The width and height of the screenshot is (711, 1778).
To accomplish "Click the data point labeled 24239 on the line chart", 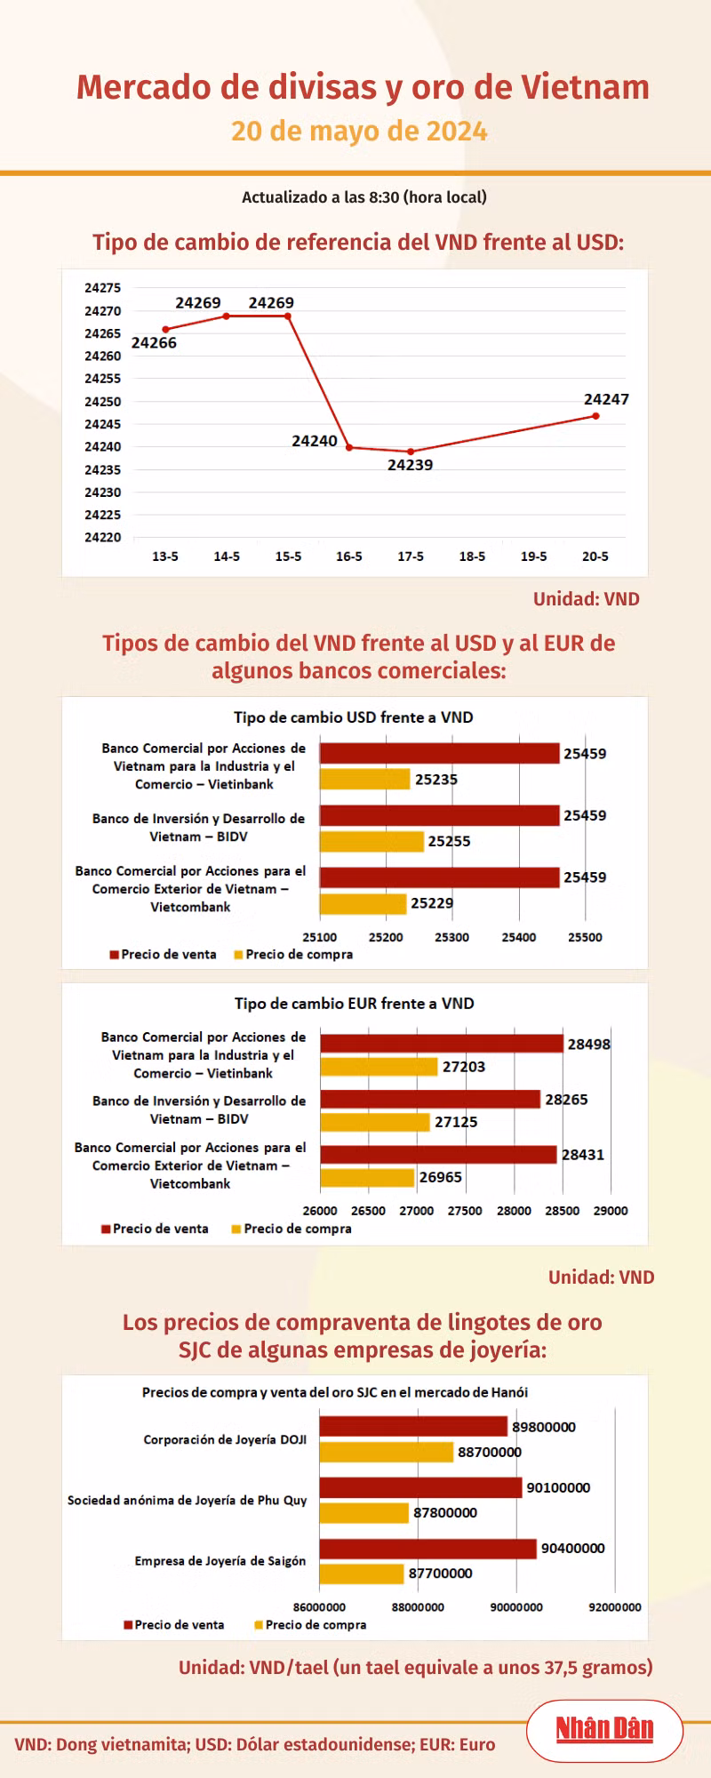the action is point(411,452).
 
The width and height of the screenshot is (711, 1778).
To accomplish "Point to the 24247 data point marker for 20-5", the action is point(595,416).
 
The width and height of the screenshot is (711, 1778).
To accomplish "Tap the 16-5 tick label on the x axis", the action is point(349,557).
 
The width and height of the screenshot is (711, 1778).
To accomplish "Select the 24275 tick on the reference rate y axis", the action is point(103,288).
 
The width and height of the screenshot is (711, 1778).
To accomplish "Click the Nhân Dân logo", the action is point(604,1729).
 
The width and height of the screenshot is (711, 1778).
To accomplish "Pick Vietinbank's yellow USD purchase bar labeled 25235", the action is point(365,780).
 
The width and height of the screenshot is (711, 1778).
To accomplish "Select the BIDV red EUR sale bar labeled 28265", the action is point(430,1100).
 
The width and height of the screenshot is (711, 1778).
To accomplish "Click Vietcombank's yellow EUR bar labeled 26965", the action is point(367,1177).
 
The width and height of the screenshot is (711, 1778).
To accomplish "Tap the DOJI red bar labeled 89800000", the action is point(413,1427).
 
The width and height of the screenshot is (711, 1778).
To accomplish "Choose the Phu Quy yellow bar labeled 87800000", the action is point(364,1512).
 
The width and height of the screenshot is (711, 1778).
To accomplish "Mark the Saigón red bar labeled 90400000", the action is point(428,1549).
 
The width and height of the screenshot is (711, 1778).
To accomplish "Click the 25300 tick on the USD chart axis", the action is point(452,937).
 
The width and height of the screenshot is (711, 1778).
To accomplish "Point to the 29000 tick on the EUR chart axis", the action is point(611,1211).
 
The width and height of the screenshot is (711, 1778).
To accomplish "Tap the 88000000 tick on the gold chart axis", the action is point(418,1607).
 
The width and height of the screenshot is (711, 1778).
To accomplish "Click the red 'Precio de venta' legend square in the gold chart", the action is point(128,1625).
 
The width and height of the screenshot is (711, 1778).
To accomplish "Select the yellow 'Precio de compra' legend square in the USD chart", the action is point(238,955).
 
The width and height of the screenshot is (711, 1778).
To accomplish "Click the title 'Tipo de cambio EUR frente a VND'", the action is point(355,1004).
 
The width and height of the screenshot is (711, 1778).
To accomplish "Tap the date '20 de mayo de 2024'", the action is point(359,132).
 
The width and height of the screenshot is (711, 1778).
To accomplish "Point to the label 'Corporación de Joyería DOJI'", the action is point(225,1439).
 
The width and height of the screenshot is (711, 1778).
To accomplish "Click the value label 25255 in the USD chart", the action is point(450,841).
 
